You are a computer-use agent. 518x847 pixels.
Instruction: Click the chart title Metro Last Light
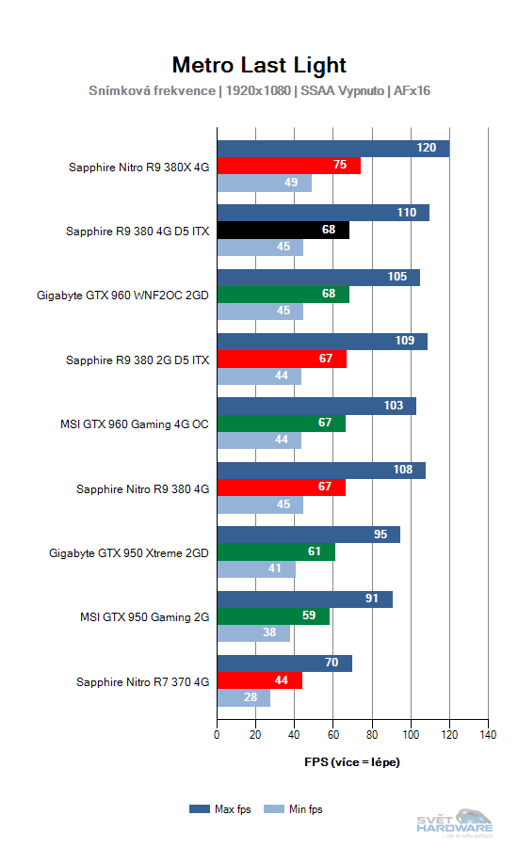259,65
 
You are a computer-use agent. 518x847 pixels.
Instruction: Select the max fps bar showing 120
333,149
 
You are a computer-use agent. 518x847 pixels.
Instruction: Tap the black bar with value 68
283,231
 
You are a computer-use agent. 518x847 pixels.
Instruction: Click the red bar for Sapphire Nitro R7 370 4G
259,680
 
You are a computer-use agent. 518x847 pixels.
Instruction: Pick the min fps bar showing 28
243,698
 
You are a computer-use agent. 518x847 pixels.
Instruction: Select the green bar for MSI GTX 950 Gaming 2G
273,616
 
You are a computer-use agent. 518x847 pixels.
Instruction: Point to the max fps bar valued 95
308,535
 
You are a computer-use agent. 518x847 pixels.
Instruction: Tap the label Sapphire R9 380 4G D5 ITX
138,231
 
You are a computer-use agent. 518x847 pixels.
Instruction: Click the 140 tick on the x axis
487,734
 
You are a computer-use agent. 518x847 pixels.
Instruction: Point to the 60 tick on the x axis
333,734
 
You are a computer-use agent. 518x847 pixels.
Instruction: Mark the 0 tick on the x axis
218,734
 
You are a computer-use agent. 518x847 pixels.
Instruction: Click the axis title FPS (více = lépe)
351,761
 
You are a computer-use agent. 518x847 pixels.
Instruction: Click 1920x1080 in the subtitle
259,91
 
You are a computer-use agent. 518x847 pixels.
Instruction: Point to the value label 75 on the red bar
340,166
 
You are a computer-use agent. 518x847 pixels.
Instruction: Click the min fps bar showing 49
264,184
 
